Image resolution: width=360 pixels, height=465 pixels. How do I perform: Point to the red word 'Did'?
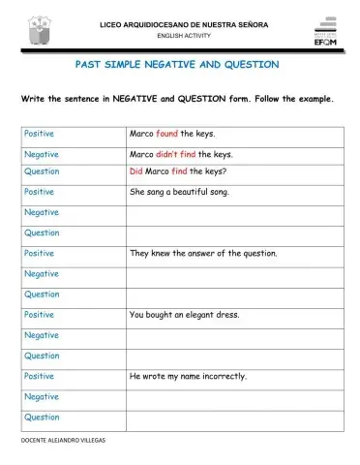(x=135, y=171)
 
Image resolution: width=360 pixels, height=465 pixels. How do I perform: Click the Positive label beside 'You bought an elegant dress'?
(x=39, y=314)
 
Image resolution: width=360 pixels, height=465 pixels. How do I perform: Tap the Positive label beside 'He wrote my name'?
(x=39, y=375)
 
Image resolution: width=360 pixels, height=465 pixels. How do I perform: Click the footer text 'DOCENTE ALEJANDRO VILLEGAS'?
(x=63, y=440)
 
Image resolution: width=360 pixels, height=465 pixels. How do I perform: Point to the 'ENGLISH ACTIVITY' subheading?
(x=183, y=35)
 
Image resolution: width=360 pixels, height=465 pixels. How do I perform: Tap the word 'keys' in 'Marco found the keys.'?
(x=204, y=134)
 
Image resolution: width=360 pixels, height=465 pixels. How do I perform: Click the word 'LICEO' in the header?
(x=109, y=21)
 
